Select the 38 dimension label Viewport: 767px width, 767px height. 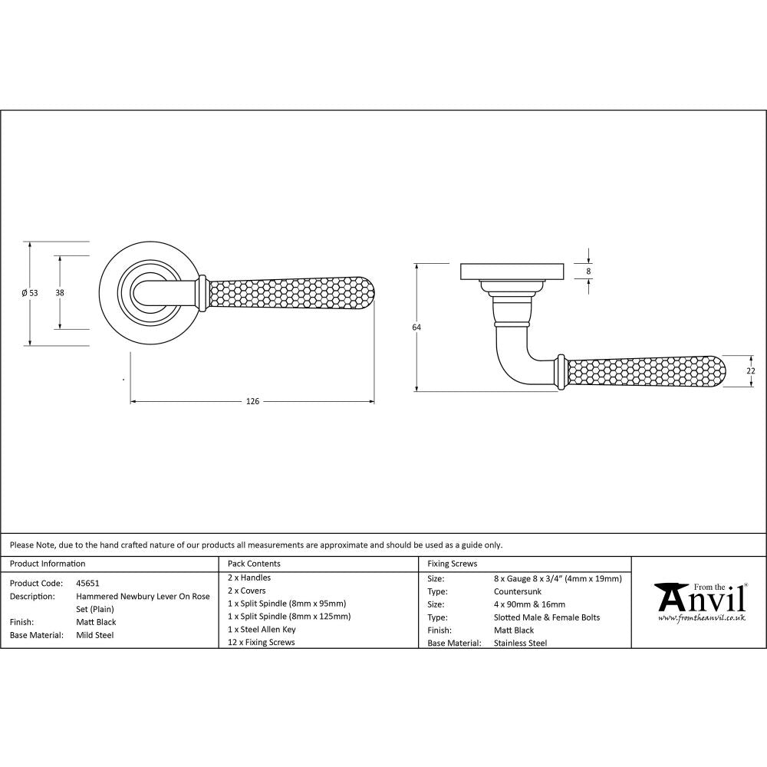pyautogui.click(x=60, y=292)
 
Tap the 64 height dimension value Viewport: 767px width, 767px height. pyautogui.click(x=416, y=328)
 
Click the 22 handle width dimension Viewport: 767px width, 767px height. pyautogui.click(x=751, y=370)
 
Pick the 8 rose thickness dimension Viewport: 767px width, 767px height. pyautogui.click(x=588, y=271)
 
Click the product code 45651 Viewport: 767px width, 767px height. pyautogui.click(x=87, y=583)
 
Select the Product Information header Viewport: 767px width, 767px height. pyautogui.click(x=48, y=564)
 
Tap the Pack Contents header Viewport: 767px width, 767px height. pyautogui.click(x=254, y=564)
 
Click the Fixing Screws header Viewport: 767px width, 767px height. pyautogui.click(x=453, y=564)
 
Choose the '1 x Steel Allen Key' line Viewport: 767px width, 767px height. pyautogui.click(x=262, y=630)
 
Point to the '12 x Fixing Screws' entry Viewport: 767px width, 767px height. pyautogui.click(x=261, y=643)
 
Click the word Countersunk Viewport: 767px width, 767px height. pyautogui.click(x=518, y=592)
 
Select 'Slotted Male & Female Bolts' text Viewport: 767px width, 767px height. pyautogui.click(x=547, y=617)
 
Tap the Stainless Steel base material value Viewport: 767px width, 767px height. pyautogui.click(x=521, y=644)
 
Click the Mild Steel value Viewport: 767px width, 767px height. pyautogui.click(x=94, y=635)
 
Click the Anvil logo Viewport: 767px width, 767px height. pyautogui.click(x=698, y=597)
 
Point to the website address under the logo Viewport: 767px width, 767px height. pyautogui.click(x=701, y=617)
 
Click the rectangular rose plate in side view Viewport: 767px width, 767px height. pyautogui.click(x=512, y=272)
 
